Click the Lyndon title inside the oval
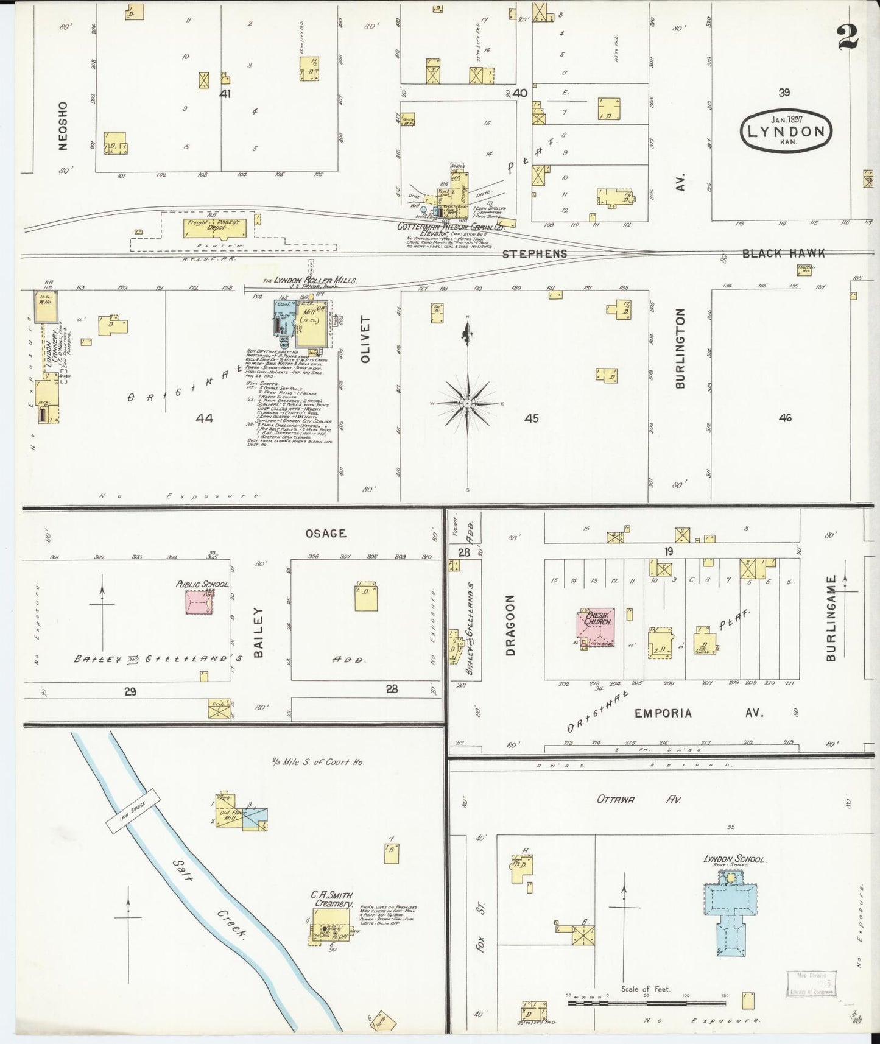786,132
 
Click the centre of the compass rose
467,403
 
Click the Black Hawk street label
783,253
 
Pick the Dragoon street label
510,625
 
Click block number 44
205,418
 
